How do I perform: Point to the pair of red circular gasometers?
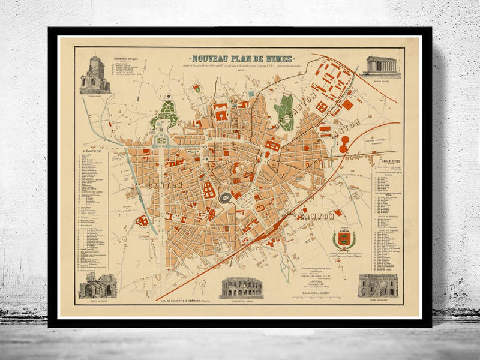point(344,144)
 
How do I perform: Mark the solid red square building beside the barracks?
point(347,104)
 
